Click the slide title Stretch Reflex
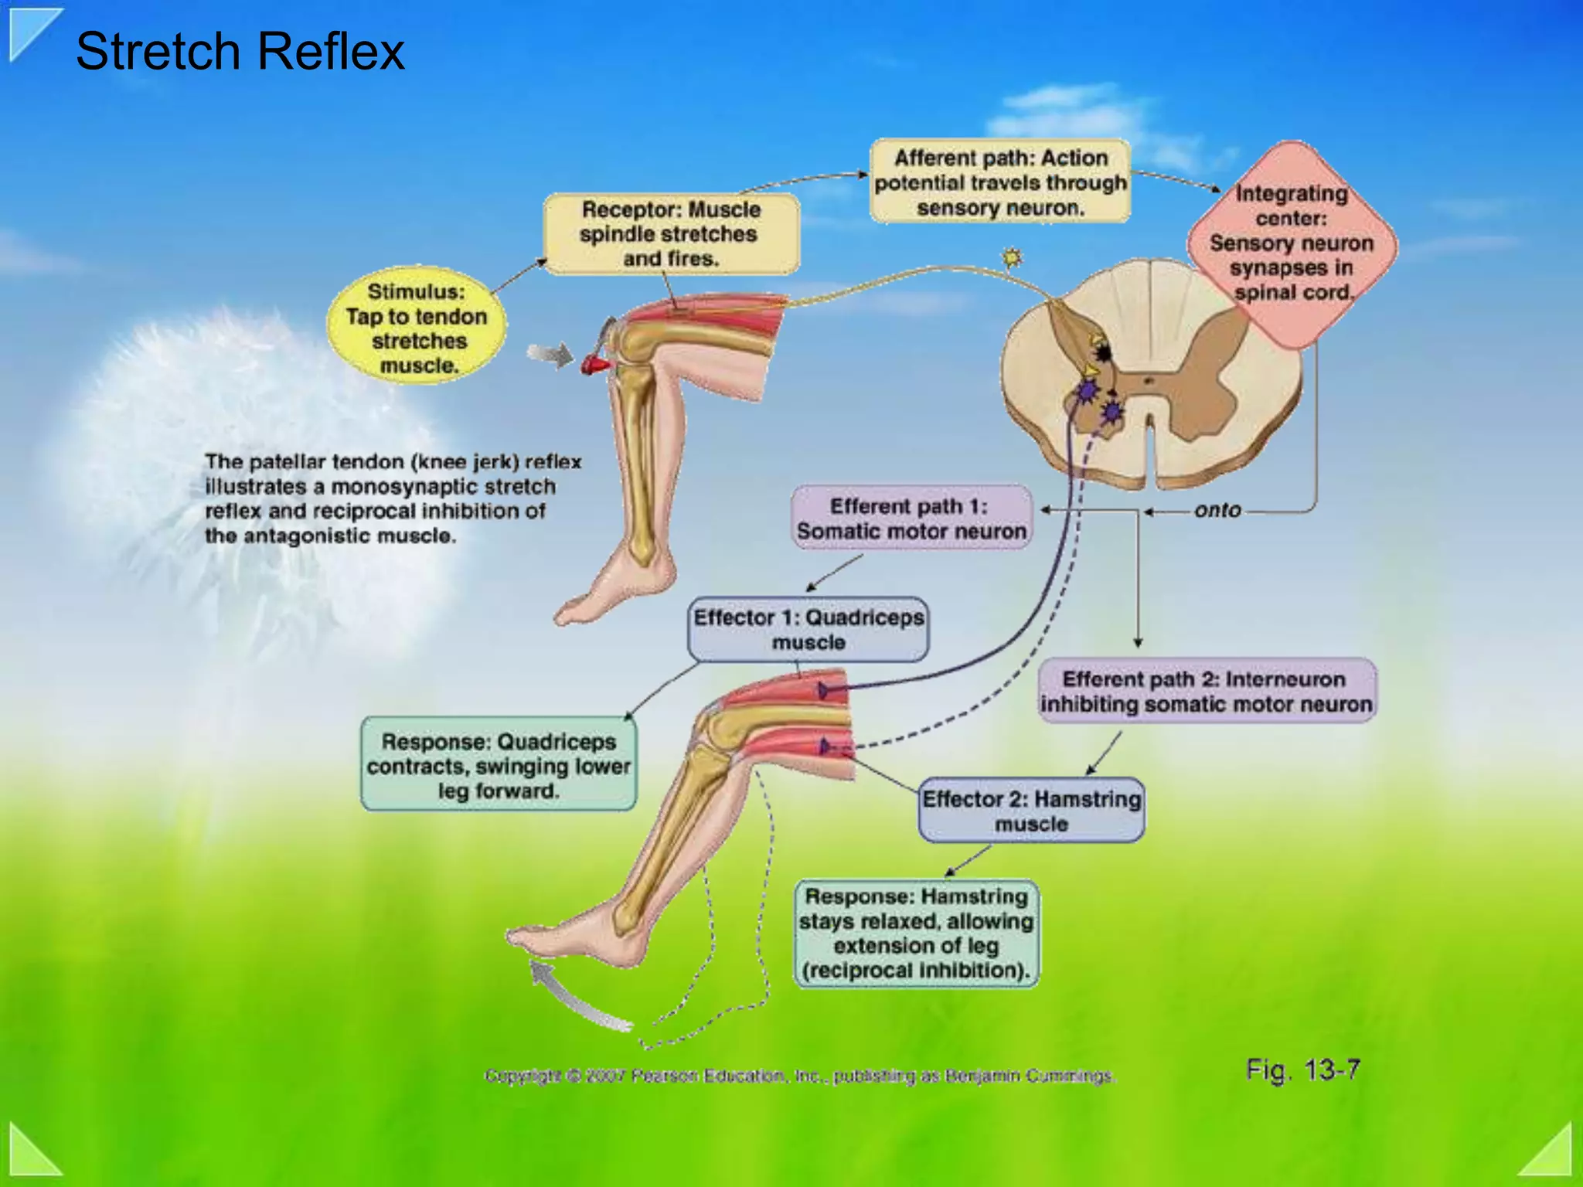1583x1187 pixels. [240, 52]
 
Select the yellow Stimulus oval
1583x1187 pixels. [417, 328]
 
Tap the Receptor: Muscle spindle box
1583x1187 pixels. [671, 234]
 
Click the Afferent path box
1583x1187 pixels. [1000, 182]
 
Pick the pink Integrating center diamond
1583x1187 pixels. [1292, 243]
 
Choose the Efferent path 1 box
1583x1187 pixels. [911, 519]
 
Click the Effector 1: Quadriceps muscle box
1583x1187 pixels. [809, 630]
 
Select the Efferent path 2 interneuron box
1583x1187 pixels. [1206, 692]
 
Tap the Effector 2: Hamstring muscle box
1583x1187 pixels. [1031, 811]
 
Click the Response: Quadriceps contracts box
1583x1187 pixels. [499, 766]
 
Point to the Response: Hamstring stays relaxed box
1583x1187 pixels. [916, 934]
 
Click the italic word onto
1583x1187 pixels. [1217, 510]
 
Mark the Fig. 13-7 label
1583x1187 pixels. [1302, 1070]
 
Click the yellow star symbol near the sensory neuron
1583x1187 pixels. [1012, 257]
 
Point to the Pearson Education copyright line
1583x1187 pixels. [800, 1076]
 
